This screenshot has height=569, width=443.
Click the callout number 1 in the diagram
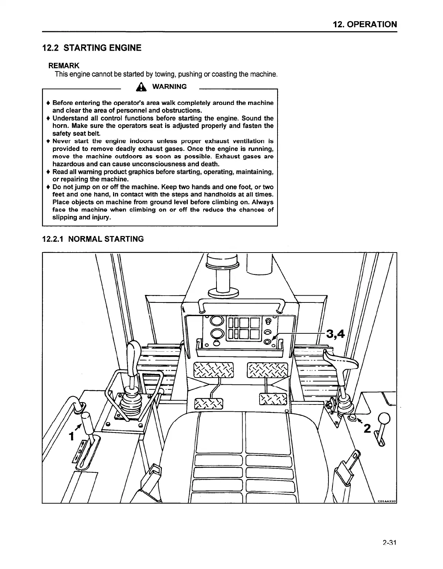coord(71,436)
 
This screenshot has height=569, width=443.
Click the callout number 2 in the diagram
coord(367,429)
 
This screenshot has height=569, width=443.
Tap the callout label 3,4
coord(335,334)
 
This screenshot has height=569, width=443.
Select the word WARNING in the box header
coord(169,87)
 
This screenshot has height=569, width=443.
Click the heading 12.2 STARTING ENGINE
coord(92,48)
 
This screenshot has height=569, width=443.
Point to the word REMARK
coord(64,66)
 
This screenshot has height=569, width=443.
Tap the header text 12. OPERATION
coord(365,24)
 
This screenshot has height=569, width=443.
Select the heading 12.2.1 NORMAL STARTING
coord(93,239)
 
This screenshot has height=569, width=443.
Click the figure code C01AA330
coord(386,501)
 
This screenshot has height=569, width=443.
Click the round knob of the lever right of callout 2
coord(384,418)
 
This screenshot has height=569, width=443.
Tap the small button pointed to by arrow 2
coord(352,417)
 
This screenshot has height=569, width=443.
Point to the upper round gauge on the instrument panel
coord(218,320)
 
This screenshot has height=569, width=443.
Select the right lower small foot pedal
coord(273,399)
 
